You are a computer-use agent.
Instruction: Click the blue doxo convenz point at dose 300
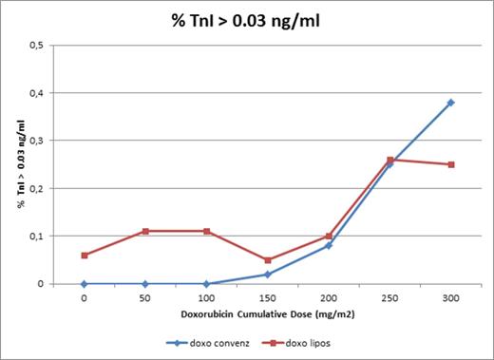[450, 103]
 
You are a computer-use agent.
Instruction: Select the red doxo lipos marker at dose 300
[450, 164]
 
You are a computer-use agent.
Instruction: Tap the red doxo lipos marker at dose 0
[85, 255]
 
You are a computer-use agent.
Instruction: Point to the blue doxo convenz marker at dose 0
[85, 283]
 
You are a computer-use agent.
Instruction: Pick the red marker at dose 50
[145, 231]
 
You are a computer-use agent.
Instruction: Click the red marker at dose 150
[268, 259]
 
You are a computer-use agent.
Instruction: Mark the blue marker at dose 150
[268, 275]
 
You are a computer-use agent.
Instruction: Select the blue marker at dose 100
[206, 283]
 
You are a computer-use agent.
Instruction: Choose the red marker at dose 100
[206, 231]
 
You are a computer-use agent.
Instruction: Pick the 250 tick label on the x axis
[389, 297]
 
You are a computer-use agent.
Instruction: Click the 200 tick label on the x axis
[329, 297]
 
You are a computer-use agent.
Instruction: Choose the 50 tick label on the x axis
[145, 297]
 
